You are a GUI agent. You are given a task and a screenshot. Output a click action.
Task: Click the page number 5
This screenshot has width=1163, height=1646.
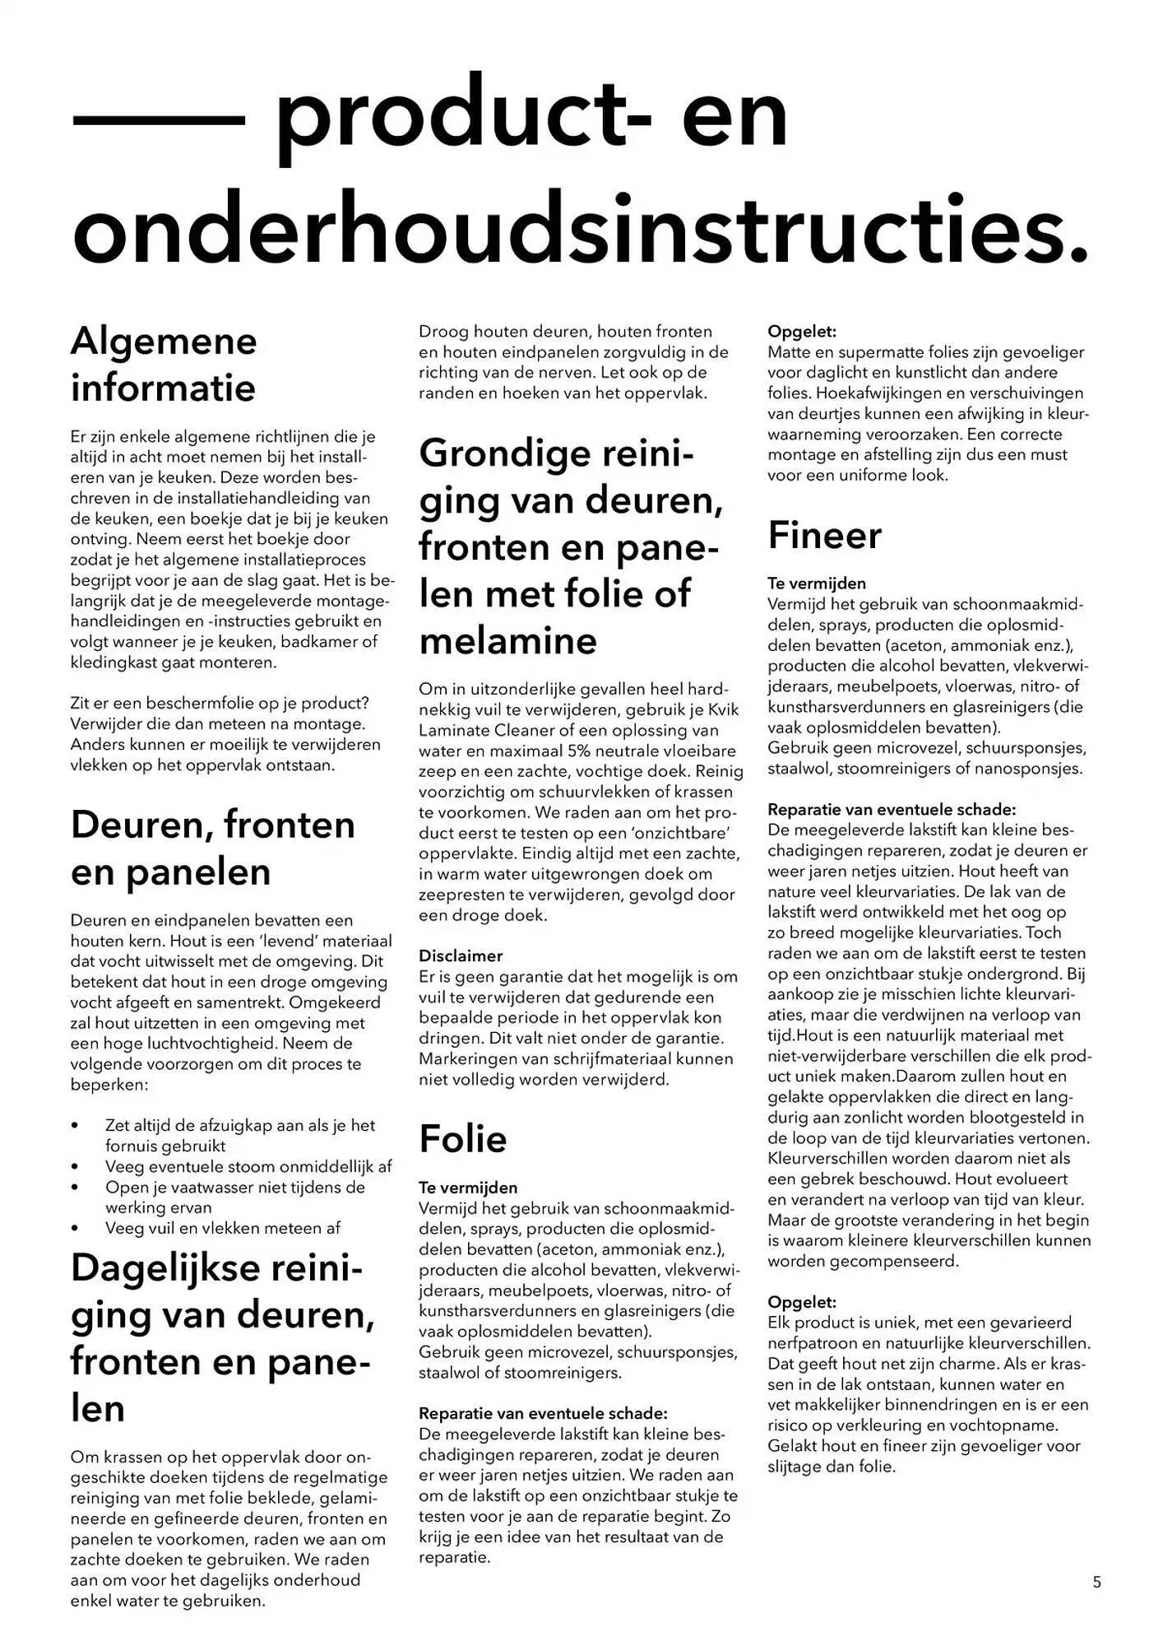1096,1582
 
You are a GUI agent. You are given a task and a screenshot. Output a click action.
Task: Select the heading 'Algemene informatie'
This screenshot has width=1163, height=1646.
164,365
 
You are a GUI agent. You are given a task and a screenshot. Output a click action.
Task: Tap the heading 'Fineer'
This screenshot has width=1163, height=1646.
824,536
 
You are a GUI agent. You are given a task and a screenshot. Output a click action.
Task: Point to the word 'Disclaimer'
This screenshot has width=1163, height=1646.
461,956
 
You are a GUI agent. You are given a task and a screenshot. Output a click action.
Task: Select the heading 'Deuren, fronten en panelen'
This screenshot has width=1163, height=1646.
212,849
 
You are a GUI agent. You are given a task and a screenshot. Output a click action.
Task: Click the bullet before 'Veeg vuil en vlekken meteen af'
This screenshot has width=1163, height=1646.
76,1229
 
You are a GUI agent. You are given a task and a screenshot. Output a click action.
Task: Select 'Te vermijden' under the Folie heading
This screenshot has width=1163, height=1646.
468,1188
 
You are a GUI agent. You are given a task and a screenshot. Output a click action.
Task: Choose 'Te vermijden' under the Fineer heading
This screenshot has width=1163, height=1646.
817,584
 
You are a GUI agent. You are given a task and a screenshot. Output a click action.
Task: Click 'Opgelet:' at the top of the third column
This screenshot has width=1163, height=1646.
802,332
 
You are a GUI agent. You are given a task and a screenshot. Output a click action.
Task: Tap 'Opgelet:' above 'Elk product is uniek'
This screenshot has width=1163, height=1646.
802,1303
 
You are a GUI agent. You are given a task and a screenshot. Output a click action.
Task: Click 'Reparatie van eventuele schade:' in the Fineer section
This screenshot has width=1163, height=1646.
892,810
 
